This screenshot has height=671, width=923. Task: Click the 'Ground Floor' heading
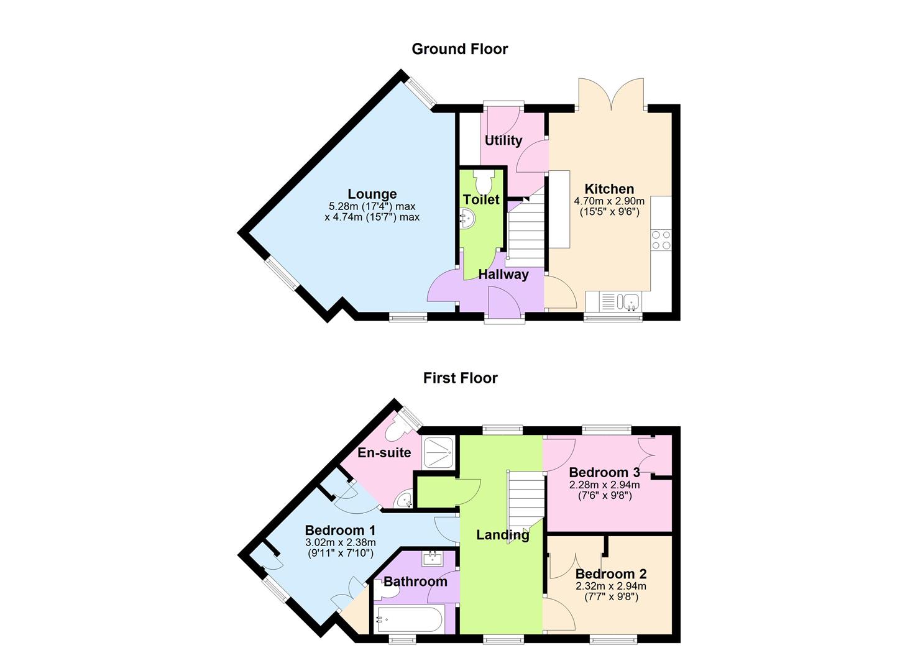pos(459,49)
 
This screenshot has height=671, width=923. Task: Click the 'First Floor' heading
pos(460,378)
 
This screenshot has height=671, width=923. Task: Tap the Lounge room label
pos(372,194)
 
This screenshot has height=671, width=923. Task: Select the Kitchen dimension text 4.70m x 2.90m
pos(608,201)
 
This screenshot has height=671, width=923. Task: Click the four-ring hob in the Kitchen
pos(660,240)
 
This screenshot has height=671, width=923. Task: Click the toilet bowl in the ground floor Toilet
pos(482,181)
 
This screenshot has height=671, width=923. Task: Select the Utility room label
pos(503,140)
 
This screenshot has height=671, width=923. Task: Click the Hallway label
pos(503,275)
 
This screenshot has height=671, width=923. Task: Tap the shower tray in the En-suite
pos(439,452)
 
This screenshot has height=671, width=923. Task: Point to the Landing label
pos(502,534)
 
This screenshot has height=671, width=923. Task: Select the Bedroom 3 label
pos(604,473)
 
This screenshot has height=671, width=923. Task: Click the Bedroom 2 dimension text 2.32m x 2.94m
pos(610,586)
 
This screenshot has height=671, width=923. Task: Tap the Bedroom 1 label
pos(339,531)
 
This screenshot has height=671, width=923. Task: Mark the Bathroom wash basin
pos(432,559)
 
